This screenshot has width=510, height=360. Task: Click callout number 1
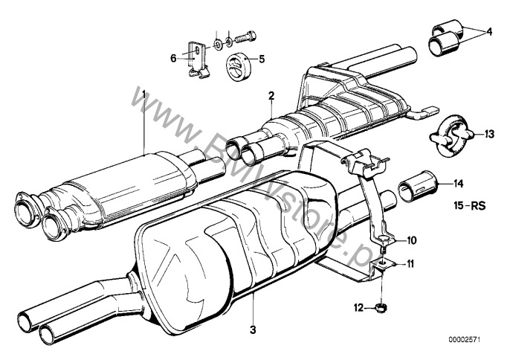pos(144,94)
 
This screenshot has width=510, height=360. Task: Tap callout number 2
pos(272,95)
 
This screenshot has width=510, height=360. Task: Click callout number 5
pos(261,57)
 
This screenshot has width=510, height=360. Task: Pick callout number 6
pos(173,57)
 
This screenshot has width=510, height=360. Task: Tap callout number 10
pos(412,240)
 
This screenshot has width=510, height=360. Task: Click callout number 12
pos(358,306)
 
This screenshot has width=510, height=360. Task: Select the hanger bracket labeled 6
pos(196,58)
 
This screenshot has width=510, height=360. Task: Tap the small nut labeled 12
pos(379,306)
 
